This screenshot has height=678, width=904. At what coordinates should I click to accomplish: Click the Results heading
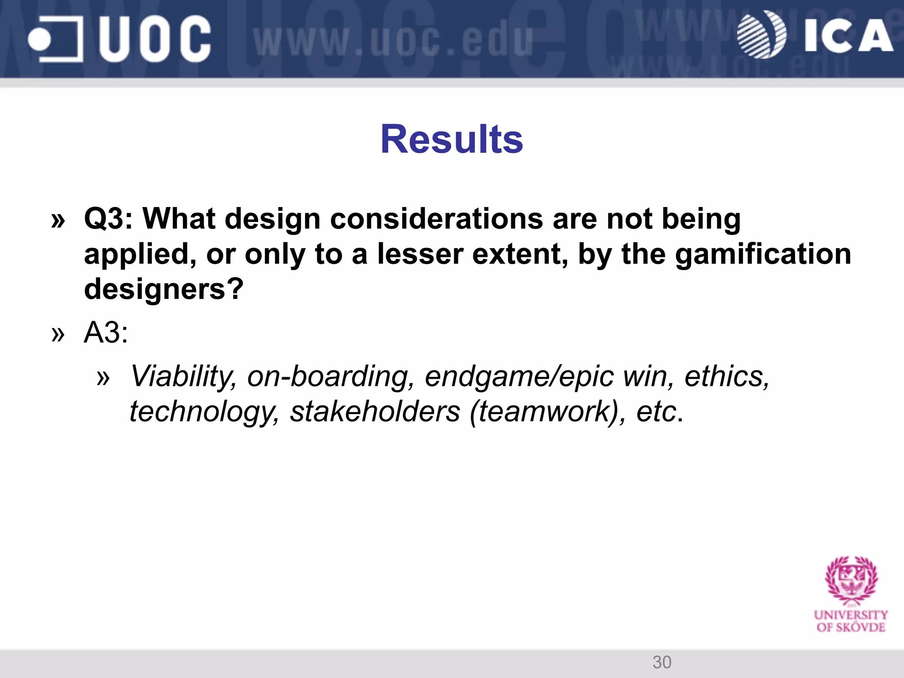[x=452, y=139]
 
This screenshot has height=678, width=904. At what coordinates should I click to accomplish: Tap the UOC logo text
[x=154, y=39]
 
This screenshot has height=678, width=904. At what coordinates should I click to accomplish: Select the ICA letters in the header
[x=847, y=36]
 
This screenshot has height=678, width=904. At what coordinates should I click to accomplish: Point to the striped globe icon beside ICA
[x=761, y=34]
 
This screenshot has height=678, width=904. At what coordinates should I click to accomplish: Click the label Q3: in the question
[x=108, y=219]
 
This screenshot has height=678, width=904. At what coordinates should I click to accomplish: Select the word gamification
[x=763, y=254]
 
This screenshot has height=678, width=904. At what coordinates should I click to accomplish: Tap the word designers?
[x=163, y=289]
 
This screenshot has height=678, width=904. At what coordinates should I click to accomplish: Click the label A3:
[x=106, y=332]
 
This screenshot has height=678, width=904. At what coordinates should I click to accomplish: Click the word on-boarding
[x=331, y=377]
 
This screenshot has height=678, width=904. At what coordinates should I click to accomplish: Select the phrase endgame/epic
[x=519, y=377]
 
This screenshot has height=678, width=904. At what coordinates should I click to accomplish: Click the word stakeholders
[x=375, y=412]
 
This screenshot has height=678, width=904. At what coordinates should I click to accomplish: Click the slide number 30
[x=662, y=662]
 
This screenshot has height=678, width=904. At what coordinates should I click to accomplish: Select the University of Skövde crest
[x=851, y=581]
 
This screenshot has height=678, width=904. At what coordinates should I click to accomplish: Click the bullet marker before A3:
[x=58, y=334]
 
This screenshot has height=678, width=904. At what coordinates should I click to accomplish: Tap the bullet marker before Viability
[x=103, y=378]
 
